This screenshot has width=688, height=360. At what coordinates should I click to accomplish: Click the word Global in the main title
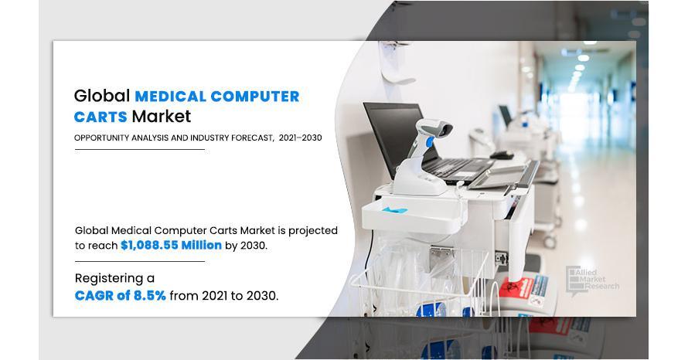(102, 96)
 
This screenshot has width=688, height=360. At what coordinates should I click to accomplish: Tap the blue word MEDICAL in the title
(170, 97)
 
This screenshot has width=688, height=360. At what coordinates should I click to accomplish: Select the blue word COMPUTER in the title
(255, 97)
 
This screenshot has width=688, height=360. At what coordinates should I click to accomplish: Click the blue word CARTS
(100, 117)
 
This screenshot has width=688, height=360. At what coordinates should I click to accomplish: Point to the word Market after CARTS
(162, 116)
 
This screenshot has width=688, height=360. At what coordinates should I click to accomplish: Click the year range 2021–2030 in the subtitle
(300, 138)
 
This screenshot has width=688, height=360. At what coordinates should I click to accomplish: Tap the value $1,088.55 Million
(171, 245)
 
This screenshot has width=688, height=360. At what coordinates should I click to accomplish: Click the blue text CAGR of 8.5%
(121, 296)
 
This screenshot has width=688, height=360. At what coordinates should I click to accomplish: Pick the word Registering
(109, 279)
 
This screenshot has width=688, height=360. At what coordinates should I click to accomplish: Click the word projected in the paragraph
(313, 231)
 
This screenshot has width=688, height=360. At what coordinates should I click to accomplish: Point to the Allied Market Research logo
(592, 280)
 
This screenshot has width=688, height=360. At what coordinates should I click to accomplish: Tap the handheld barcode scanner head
(434, 127)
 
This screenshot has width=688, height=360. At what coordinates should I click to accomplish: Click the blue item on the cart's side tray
(394, 210)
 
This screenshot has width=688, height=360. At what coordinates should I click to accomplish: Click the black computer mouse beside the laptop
(502, 155)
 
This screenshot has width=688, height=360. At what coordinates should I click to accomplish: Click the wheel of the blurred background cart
(550, 241)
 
